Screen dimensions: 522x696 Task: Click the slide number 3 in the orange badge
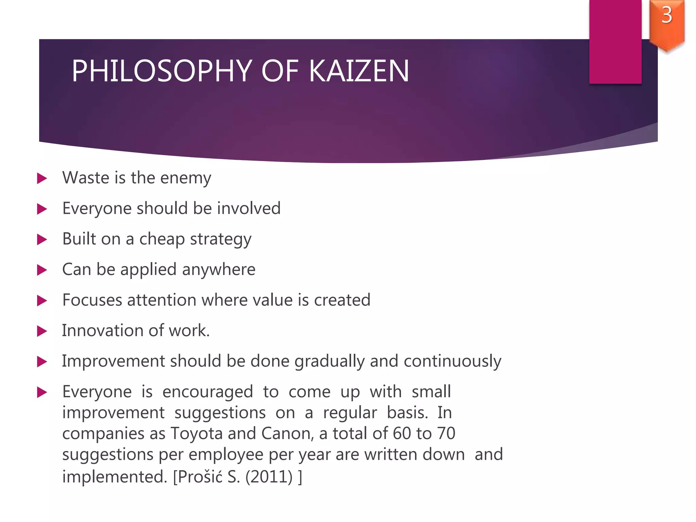pyautogui.click(x=666, y=15)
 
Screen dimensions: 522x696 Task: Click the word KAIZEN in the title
pyautogui.click(x=359, y=71)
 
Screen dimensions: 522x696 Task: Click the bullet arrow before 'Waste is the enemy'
pyautogui.click(x=42, y=178)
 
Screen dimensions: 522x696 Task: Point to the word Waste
pyautogui.click(x=82, y=178)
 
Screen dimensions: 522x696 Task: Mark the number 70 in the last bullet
pyautogui.click(x=446, y=434)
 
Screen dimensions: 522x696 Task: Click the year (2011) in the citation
pyautogui.click(x=269, y=477)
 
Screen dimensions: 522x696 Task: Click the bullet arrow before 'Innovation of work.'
pyautogui.click(x=42, y=331)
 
